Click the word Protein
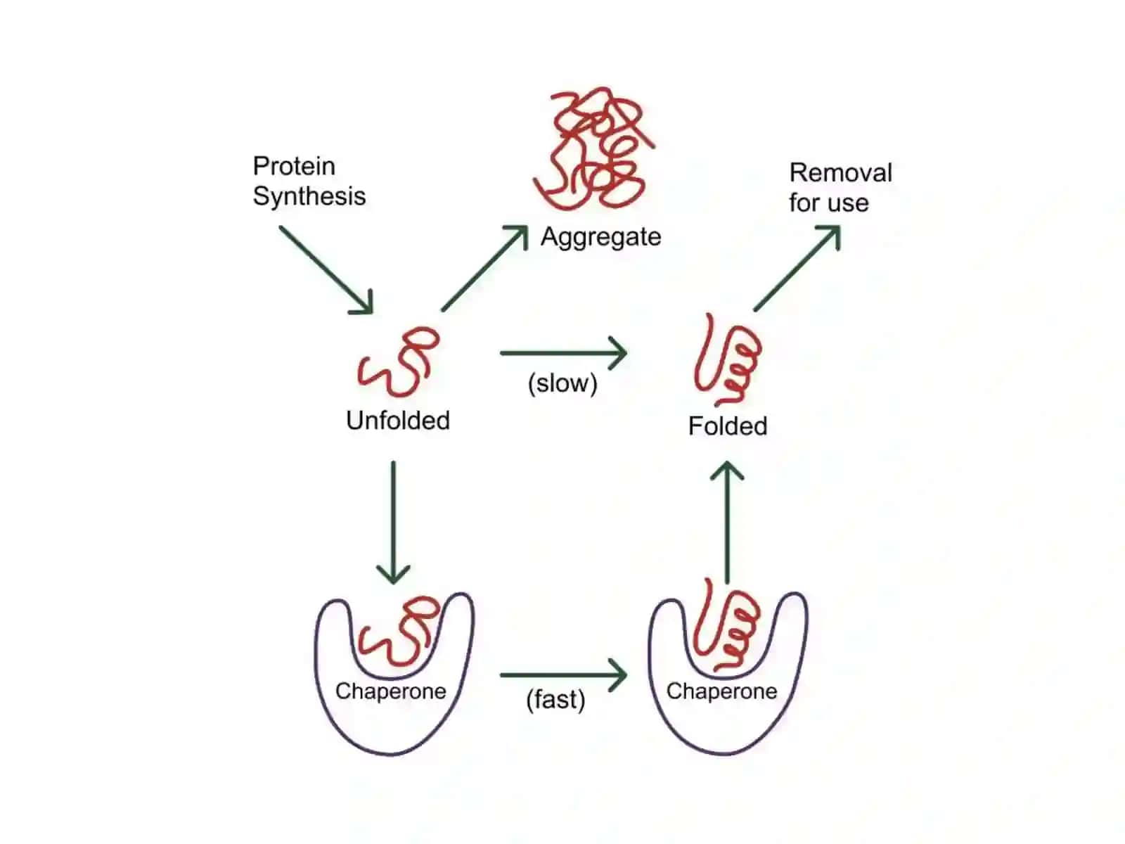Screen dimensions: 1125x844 (294, 166)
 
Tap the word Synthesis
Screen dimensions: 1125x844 (309, 196)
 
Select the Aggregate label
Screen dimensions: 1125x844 (600, 237)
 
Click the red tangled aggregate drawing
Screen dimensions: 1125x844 (595, 148)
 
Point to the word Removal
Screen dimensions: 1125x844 (840, 173)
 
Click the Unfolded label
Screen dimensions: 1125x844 (398, 420)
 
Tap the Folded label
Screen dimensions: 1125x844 (727, 426)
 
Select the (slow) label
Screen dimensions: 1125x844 (562, 383)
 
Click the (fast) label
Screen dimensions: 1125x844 (555, 699)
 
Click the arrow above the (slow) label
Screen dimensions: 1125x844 (564, 352)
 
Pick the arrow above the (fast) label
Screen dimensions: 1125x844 (564, 675)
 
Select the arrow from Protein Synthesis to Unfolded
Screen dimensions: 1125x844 (326, 270)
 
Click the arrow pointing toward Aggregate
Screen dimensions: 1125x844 (485, 268)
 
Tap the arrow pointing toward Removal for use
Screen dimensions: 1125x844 (797, 268)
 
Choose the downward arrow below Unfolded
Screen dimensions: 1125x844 (393, 522)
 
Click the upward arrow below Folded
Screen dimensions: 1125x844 (727, 522)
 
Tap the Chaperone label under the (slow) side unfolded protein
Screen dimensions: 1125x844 (390, 691)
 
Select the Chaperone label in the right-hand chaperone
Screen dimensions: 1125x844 (721, 691)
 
